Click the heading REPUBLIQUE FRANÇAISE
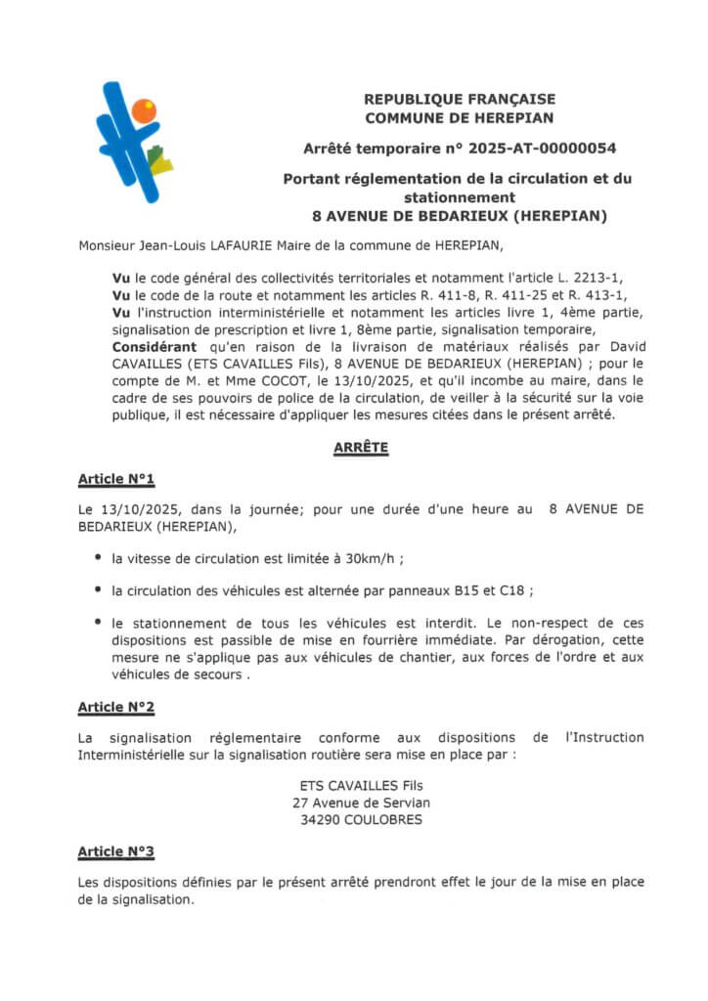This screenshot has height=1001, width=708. pyautogui.click(x=459, y=99)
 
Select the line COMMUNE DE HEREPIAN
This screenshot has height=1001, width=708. pyautogui.click(x=459, y=117)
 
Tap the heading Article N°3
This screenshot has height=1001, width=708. pyautogui.click(x=116, y=851)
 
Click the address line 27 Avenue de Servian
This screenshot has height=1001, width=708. pyautogui.click(x=361, y=803)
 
